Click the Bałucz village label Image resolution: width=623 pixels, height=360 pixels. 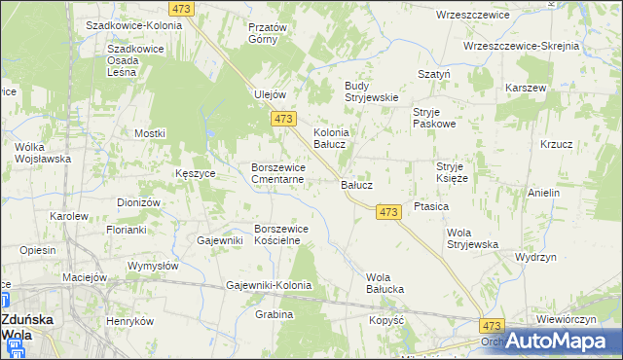coord(356,183)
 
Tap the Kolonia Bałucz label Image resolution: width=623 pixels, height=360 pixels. coord(330,138)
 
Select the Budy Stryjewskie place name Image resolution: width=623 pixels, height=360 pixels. coord(373,90)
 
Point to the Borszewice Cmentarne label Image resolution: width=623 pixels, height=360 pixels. coord(279,173)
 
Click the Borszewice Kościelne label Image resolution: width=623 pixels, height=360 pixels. coord(281,234)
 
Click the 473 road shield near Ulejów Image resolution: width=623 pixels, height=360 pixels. coord(283,119)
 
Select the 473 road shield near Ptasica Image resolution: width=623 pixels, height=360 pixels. coord(388,212)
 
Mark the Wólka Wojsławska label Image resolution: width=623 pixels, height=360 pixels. coord(44,153)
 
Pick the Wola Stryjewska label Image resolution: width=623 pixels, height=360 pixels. coord(472,238)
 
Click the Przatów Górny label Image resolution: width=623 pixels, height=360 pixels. coord(268,33)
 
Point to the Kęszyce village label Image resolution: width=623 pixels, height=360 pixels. coord(196,172)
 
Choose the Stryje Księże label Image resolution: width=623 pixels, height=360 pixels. coord(453,172)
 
